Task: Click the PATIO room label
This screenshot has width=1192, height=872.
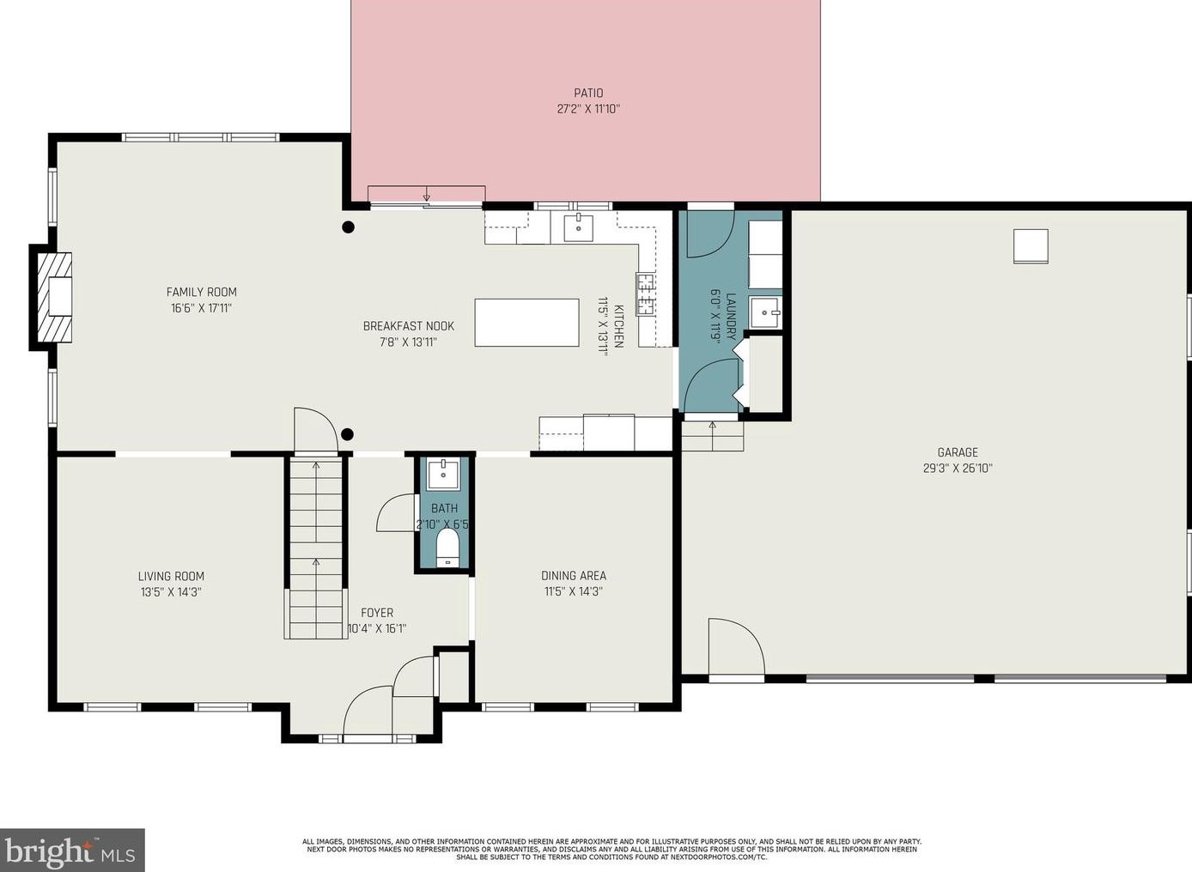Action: (588, 93)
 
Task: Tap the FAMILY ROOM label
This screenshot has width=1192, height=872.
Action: (201, 292)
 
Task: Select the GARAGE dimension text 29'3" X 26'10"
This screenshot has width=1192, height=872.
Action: (958, 469)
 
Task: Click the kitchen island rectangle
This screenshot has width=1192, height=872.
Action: (526, 323)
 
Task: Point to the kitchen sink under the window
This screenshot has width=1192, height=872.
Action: (579, 227)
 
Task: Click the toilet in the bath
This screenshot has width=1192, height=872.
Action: (447, 548)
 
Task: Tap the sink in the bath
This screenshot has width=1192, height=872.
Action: (443, 475)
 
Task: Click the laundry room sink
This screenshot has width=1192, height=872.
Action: (765, 313)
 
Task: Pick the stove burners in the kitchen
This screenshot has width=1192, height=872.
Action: (645, 294)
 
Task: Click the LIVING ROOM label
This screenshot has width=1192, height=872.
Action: (171, 576)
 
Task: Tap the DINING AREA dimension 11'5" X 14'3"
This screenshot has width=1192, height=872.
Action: (573, 591)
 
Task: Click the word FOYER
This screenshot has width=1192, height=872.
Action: (377, 613)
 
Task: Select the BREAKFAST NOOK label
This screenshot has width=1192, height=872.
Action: (408, 326)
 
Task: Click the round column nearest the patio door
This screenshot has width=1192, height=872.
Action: (348, 227)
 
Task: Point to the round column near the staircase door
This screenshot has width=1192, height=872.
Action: (347, 434)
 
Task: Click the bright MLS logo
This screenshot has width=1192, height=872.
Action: (72, 850)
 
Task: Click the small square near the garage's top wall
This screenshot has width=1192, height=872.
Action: (1031, 246)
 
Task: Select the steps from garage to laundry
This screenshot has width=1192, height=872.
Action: (713, 436)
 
